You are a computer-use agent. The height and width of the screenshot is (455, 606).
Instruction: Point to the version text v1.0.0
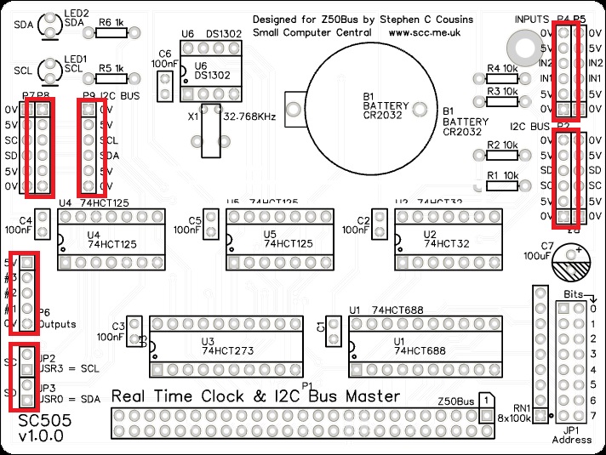coord(41,436)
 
